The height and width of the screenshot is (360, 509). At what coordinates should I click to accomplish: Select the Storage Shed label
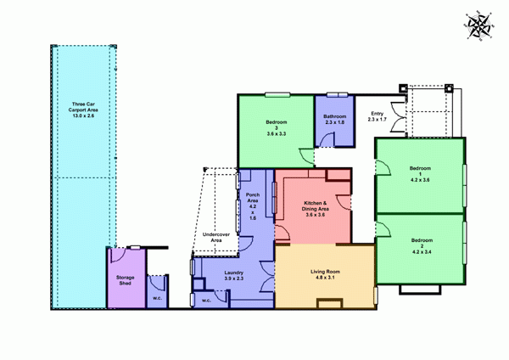click(125, 280)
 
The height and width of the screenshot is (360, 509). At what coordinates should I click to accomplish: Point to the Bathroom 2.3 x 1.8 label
click(335, 120)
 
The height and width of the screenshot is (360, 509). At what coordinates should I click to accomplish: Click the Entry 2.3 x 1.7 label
click(377, 116)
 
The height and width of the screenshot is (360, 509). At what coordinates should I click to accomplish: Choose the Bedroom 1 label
click(421, 173)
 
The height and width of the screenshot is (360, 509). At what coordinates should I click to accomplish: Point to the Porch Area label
click(252, 207)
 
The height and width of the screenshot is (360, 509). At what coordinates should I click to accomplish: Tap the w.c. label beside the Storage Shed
click(157, 298)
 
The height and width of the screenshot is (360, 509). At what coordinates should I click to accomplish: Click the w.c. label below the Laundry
click(206, 299)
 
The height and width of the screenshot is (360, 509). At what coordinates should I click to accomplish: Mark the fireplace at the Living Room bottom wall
click(326, 303)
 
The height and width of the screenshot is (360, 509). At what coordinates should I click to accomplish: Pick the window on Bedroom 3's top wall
click(275, 93)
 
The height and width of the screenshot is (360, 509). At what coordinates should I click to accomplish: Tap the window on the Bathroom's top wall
click(337, 93)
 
